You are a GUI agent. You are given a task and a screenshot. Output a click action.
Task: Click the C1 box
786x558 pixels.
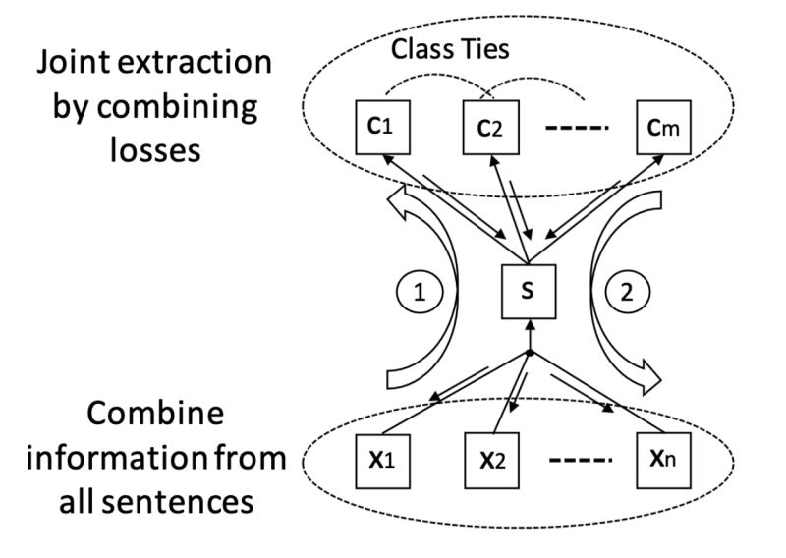[x=378, y=126]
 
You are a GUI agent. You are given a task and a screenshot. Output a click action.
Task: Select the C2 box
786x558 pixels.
[x=489, y=126]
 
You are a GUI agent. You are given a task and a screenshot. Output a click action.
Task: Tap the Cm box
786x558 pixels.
[x=663, y=126]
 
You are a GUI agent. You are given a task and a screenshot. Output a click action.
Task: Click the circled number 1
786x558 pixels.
[x=420, y=292]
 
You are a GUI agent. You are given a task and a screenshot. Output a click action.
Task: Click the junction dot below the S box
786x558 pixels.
[x=530, y=352]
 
